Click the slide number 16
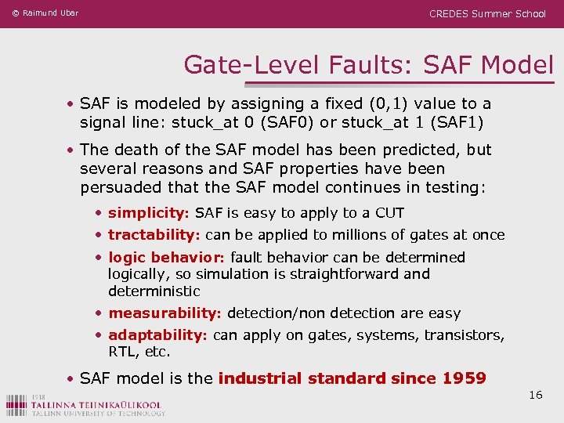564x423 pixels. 536,395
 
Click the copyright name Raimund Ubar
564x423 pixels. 51,13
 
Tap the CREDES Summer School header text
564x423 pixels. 487,13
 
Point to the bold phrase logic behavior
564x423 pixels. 165,258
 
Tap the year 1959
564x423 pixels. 464,379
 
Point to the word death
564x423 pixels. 135,150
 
